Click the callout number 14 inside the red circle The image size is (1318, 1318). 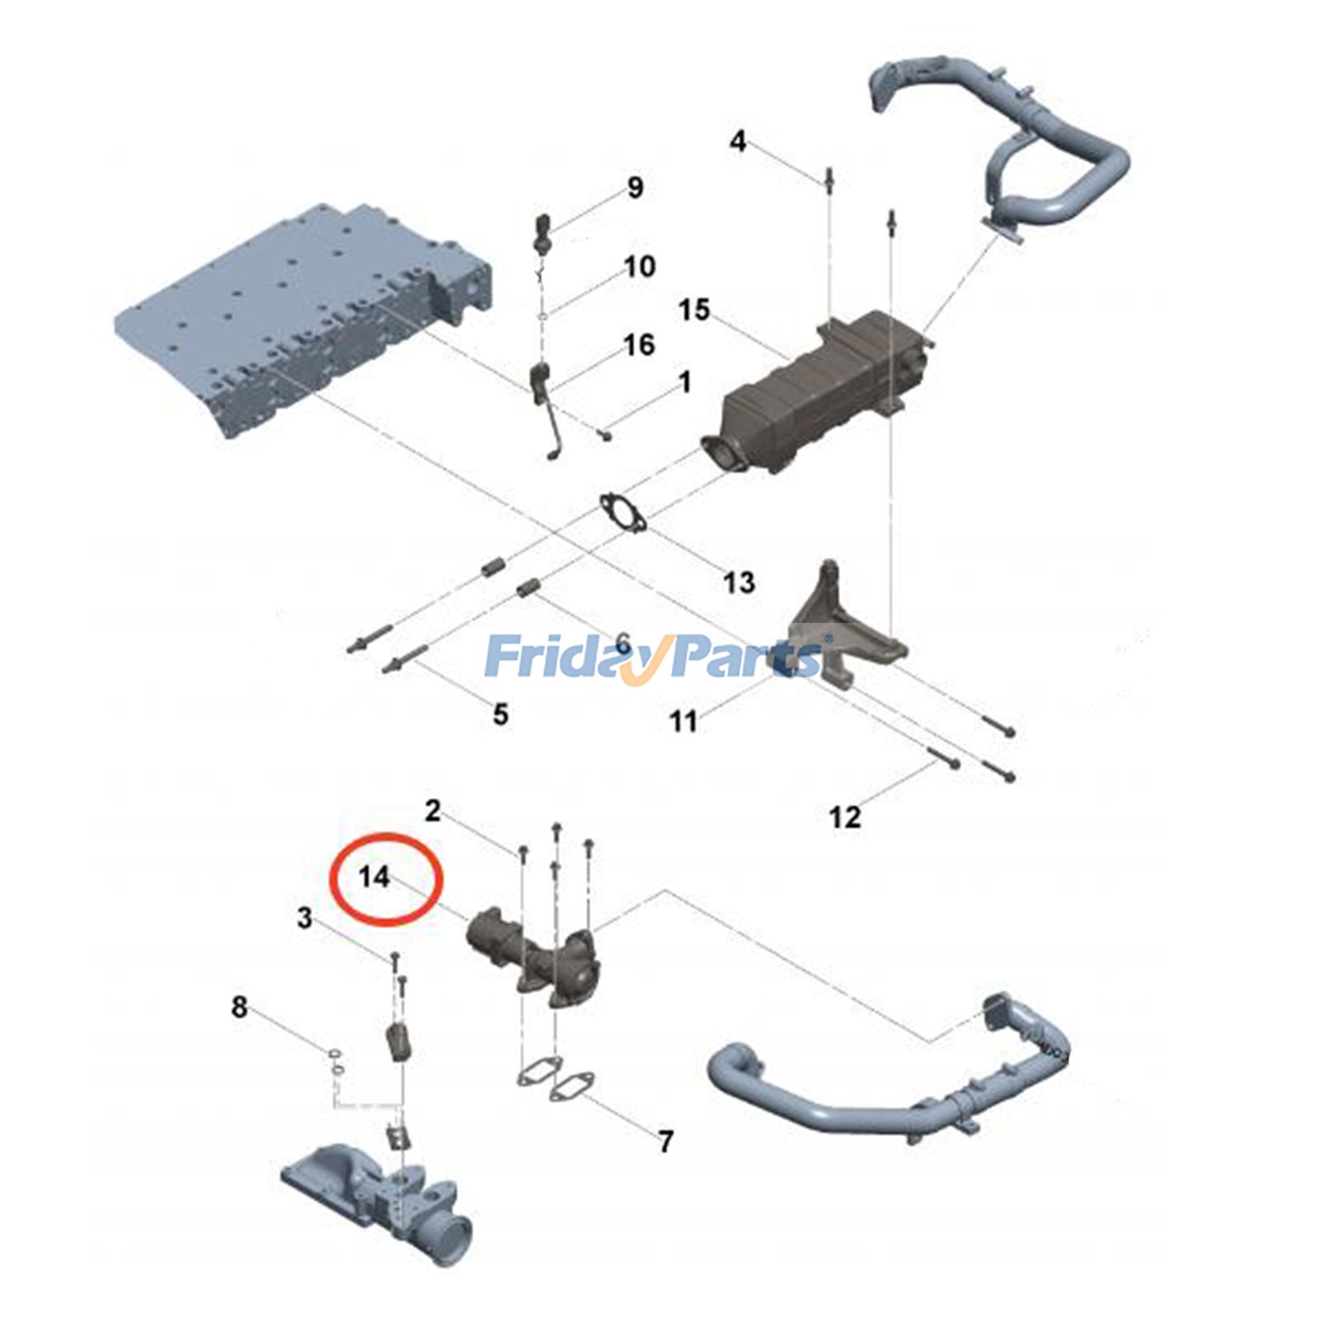pos(374,876)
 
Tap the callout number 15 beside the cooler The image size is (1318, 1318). pos(694,311)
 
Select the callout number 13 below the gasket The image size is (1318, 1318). pos(738,583)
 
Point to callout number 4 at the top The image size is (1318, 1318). pos(737,141)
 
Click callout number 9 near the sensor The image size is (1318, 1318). pos(634,188)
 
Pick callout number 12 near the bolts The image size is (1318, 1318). pos(844,817)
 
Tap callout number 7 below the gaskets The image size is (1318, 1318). pos(666,1142)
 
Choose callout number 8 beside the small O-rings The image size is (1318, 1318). pos(239,1007)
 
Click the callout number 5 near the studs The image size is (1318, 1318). pos(500,714)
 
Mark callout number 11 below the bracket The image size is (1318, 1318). pos(683,722)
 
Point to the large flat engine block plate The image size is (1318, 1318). pos(305,321)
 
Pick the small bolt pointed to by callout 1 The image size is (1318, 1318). pos(605,433)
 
